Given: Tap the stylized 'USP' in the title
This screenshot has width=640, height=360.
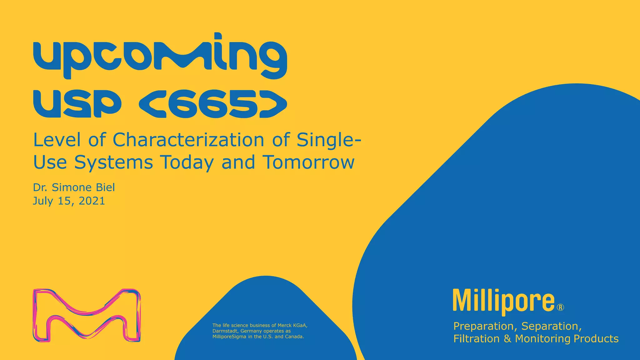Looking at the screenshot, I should coord(77,104).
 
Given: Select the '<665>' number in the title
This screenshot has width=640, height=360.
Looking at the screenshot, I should coord(212,104).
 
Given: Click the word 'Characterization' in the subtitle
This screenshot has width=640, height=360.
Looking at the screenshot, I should coord(188,140).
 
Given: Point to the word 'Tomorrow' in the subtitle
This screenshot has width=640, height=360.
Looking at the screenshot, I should coord(308,162).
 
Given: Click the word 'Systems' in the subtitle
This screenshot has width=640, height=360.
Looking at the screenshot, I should coord(113,163).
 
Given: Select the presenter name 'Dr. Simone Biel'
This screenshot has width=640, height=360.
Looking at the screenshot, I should coord(74,187).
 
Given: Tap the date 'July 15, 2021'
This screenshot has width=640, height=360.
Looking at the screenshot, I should coord(69,201).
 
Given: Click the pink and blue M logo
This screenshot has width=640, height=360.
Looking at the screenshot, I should coord(87,315).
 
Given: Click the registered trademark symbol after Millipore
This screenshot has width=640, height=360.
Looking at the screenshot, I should coord(560,307).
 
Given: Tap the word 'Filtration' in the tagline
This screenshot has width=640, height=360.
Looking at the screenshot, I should coord(477,339).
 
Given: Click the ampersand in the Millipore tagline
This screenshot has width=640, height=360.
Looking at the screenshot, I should coord(507,339).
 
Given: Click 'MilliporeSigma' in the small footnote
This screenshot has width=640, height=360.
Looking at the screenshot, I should coord(229,337).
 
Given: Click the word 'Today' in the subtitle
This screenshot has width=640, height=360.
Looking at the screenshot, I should coord(187,162).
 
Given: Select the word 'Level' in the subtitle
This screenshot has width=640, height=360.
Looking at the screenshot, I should coord(57,140).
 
